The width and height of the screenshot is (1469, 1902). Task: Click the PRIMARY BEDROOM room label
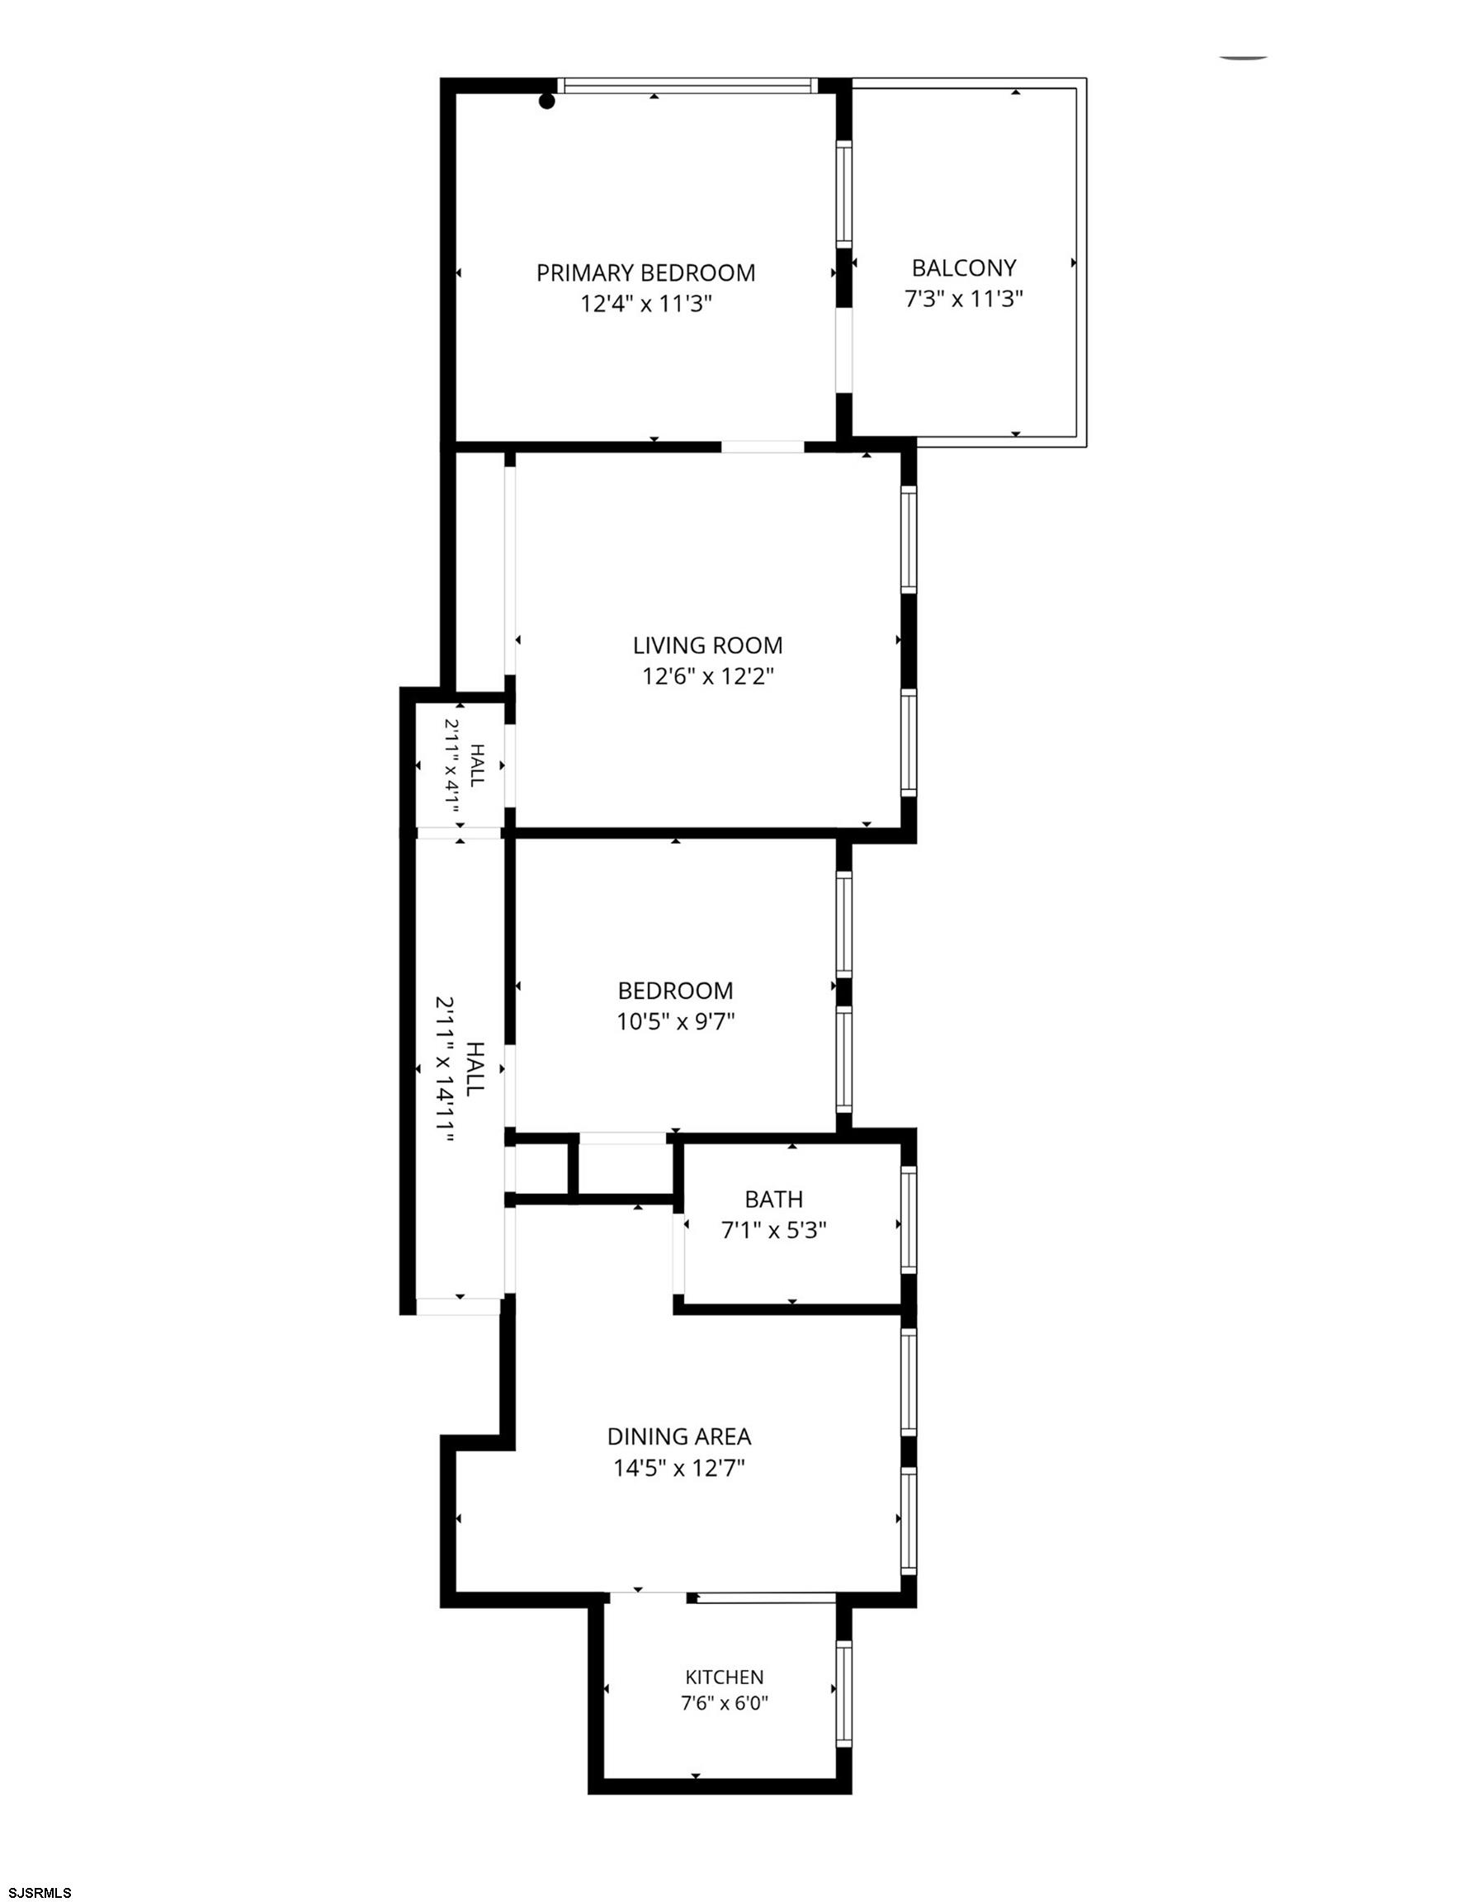tap(645, 273)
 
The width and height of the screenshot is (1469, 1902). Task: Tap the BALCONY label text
tap(964, 267)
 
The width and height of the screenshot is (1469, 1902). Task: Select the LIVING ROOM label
tap(707, 646)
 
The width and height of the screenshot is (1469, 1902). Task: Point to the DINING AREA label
tap(679, 1436)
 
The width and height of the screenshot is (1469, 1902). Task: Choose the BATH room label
tap(774, 1199)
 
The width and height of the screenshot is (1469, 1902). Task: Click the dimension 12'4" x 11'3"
tap(647, 304)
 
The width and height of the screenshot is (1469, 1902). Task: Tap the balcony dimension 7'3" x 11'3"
tap(964, 299)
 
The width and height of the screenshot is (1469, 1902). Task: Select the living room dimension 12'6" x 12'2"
tap(708, 677)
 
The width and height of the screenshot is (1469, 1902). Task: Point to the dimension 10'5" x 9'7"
tap(677, 1020)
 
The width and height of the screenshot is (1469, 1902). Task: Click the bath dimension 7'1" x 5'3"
tap(774, 1231)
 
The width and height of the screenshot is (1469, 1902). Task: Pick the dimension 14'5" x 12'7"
tap(679, 1469)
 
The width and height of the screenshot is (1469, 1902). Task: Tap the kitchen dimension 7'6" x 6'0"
tap(725, 1702)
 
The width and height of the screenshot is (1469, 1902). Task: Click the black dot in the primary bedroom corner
tap(547, 102)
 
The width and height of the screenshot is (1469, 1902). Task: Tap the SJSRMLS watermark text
tap(36, 1891)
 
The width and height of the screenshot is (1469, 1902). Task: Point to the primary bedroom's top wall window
tap(688, 85)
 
